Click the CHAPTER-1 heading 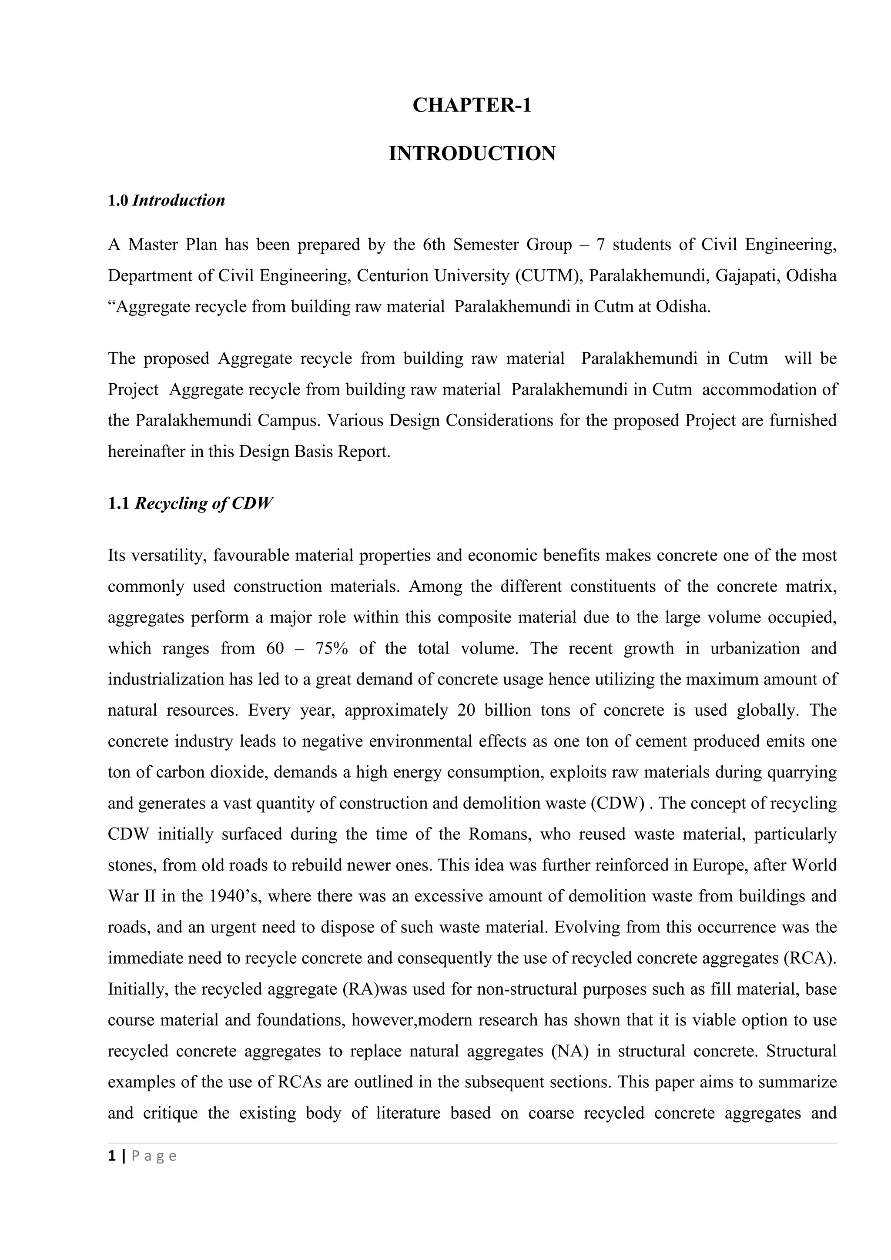tap(472, 105)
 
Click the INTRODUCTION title tap(472, 154)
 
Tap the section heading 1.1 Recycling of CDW tap(190, 504)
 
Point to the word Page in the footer tap(154, 1156)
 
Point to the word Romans tap(500, 834)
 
